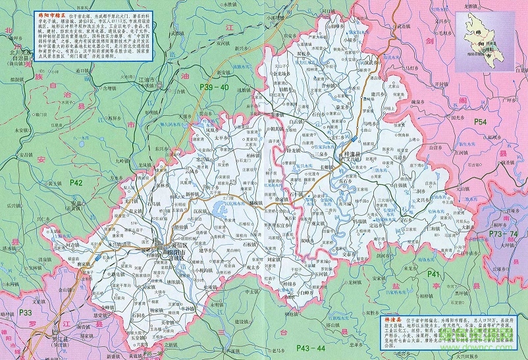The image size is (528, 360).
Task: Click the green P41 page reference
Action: tap(433, 273)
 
